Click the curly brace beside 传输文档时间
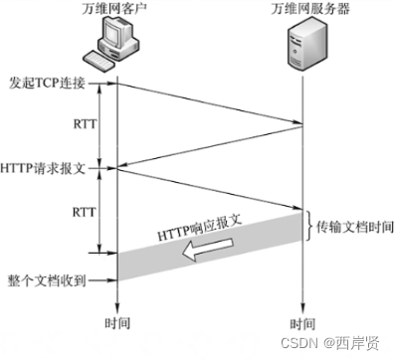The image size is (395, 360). [310, 228]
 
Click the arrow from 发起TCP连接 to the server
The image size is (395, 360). [209, 102]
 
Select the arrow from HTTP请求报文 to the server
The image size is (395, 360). [209, 189]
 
